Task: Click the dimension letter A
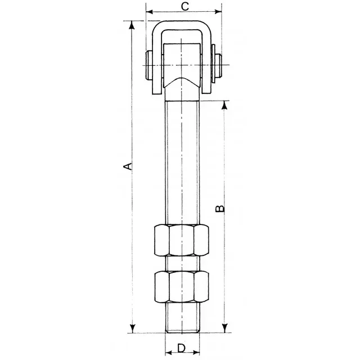(128, 166)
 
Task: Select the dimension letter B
(221, 208)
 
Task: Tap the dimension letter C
(184, 7)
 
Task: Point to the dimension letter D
(181, 348)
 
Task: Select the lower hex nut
(181, 287)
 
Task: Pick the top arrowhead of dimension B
(225, 104)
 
